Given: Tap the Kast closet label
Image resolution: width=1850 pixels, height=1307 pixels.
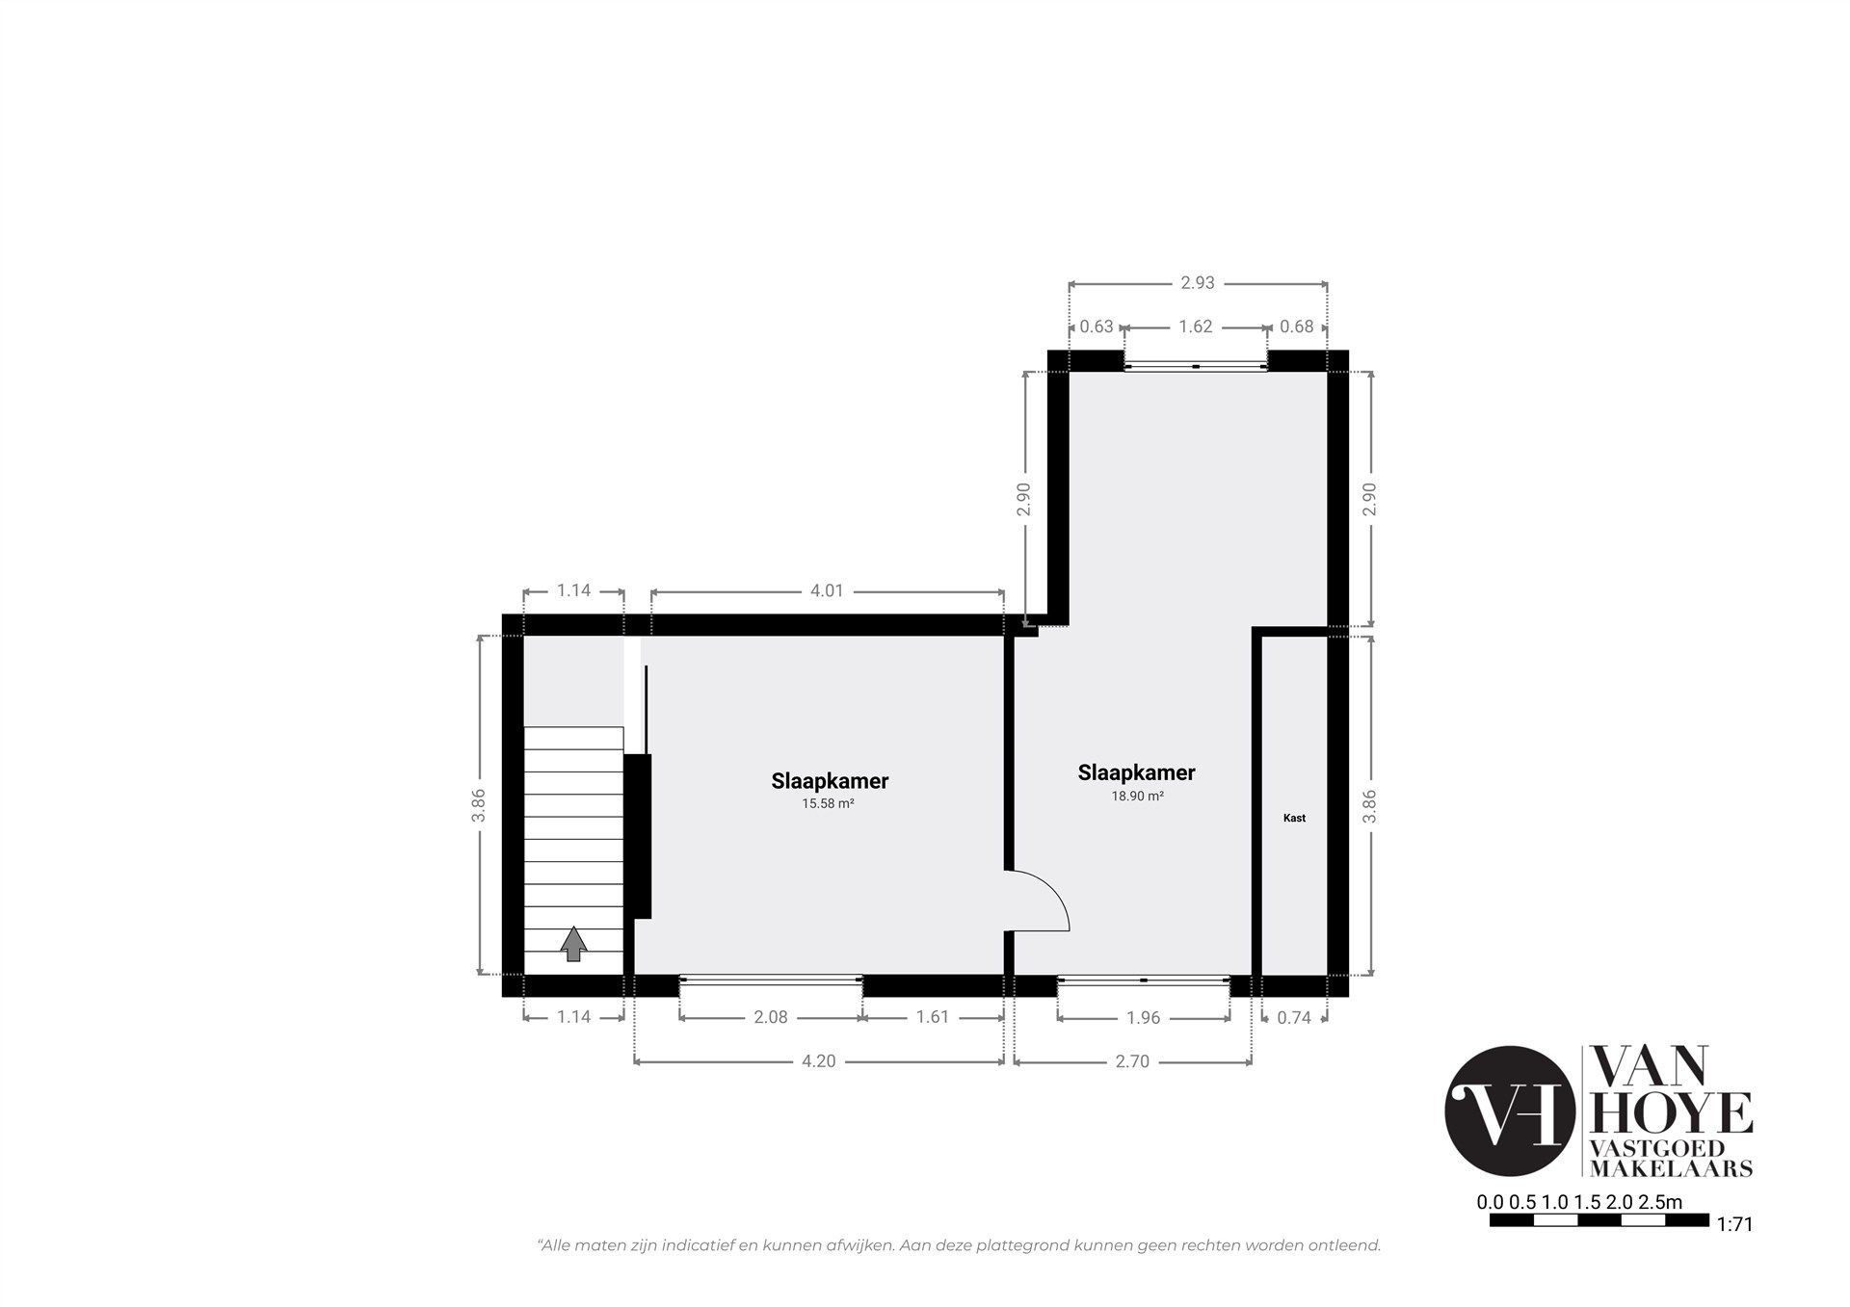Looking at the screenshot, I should point(1294,818).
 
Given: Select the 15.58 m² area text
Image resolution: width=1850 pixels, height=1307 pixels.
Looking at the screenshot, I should point(829,803).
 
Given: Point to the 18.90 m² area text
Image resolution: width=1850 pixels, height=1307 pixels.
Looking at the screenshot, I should point(1137,796).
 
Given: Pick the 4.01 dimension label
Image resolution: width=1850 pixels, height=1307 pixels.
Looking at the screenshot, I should point(827,590).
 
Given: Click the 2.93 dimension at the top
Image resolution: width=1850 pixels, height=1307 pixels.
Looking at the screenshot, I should point(1198,282).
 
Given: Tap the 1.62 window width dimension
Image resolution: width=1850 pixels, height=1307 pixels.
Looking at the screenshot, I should point(1195,327).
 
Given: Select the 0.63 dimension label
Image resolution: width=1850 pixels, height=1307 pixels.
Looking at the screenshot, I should point(1097,327).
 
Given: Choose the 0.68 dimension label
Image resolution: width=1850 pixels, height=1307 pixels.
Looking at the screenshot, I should point(1297,327).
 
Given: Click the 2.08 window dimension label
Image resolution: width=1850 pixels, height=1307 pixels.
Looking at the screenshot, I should point(771,1017).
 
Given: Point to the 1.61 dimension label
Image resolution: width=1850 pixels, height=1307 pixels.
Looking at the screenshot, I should point(933,1017).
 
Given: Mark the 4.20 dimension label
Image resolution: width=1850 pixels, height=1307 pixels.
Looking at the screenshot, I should point(818,1061).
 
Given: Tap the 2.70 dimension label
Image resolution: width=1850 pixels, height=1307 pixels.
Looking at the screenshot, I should point(1132,1061).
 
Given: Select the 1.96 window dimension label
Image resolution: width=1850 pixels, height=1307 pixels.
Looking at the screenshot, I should point(1143,1017).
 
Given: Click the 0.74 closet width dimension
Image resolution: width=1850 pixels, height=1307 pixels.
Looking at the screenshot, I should point(1294,1017).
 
